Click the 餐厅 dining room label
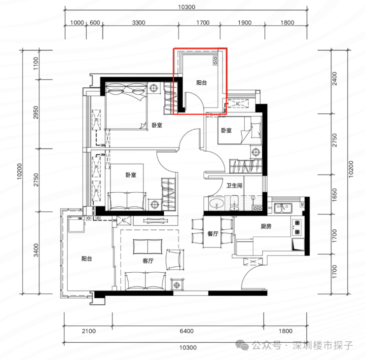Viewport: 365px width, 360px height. (x=213, y=234)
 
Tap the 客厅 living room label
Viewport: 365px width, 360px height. (x=148, y=261)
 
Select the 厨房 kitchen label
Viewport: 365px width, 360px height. (x=266, y=226)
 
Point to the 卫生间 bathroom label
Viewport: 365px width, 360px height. (x=234, y=185)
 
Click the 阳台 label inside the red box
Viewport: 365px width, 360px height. (x=202, y=83)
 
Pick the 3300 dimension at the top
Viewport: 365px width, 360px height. (x=139, y=23)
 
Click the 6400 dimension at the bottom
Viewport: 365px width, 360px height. (x=186, y=331)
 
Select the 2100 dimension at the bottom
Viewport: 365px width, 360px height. (x=89, y=331)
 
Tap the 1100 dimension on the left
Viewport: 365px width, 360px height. (x=36, y=64)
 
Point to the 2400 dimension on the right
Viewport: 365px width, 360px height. (x=334, y=78)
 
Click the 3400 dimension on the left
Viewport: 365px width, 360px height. (x=36, y=250)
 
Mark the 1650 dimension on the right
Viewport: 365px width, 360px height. (x=334, y=195)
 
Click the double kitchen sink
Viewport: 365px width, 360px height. (x=283, y=208)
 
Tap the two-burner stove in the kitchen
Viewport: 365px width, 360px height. (x=297, y=228)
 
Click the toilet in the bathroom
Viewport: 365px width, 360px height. (x=234, y=203)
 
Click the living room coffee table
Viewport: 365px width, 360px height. (x=148, y=247)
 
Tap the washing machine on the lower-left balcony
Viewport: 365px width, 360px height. (x=76, y=224)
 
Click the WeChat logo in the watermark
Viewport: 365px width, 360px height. (x=242, y=345)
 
